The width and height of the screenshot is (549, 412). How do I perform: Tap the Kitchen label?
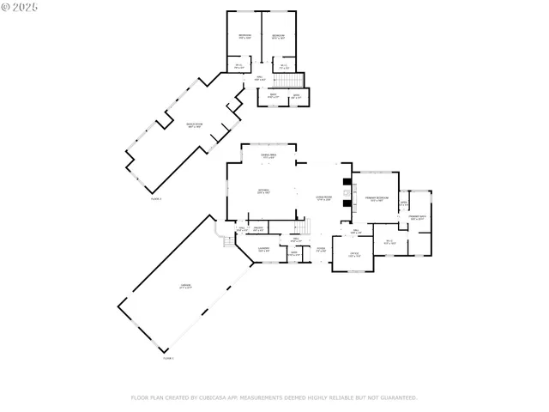point(263,191)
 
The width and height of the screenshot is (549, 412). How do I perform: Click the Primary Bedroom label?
point(377,198)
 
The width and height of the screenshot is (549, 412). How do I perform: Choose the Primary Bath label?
point(418,217)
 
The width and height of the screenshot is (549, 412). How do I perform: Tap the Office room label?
point(353,254)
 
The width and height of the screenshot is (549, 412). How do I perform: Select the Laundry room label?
point(264,249)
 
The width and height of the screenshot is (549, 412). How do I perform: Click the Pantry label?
point(257,229)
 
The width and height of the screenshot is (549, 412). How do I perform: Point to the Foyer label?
point(320,250)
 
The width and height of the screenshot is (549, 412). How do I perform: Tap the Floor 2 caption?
point(156,198)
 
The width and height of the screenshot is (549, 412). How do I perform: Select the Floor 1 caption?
point(168,357)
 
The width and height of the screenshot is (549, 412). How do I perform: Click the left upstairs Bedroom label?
point(244,36)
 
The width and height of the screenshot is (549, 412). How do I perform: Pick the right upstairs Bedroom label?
point(277,36)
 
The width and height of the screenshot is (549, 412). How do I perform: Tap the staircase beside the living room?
point(300,227)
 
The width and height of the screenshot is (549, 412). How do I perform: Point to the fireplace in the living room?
point(345,193)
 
